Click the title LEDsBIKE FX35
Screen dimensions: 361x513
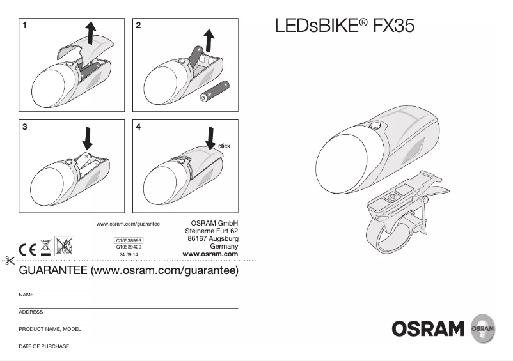tap(344, 26)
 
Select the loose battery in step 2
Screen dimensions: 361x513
tap(215, 91)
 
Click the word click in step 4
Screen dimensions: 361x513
tap(224, 146)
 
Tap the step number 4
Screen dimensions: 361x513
tap(139, 127)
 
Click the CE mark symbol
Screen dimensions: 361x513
tap(28, 249)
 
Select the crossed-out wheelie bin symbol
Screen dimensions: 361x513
tap(45, 246)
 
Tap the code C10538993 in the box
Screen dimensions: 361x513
tap(129, 240)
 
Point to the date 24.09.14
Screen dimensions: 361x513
tap(129, 254)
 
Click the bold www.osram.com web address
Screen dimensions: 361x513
tap(210, 254)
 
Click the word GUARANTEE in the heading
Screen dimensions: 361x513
tap(54, 271)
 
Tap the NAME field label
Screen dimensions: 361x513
tap(26, 295)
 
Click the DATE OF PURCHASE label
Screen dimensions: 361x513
tap(44, 346)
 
